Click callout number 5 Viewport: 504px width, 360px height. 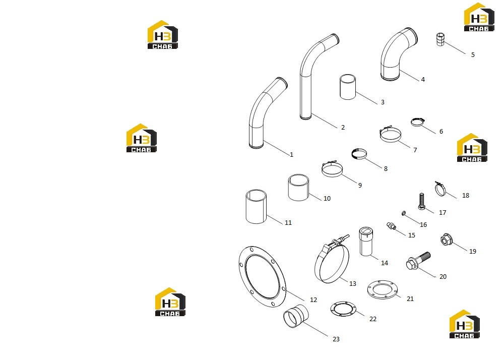(x=473, y=54)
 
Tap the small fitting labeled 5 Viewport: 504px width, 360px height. (x=440, y=39)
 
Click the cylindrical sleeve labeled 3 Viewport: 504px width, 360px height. (x=348, y=87)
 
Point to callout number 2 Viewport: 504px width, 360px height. (x=343, y=127)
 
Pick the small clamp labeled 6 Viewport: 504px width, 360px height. (x=417, y=122)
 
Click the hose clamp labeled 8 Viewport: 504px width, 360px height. (x=359, y=154)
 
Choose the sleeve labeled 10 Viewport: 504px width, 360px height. (x=298, y=188)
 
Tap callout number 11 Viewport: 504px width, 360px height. (x=288, y=222)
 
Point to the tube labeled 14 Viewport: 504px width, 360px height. (x=366, y=241)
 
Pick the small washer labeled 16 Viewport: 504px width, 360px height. (x=404, y=213)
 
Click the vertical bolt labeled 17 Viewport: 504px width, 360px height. (x=422, y=201)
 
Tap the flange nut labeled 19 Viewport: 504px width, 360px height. (x=446, y=239)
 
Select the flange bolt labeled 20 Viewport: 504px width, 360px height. (x=418, y=261)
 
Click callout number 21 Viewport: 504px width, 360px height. (x=410, y=298)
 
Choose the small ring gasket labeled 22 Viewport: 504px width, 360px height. (x=343, y=309)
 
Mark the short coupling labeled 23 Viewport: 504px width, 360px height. (x=296, y=316)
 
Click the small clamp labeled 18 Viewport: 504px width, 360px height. (x=440, y=189)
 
